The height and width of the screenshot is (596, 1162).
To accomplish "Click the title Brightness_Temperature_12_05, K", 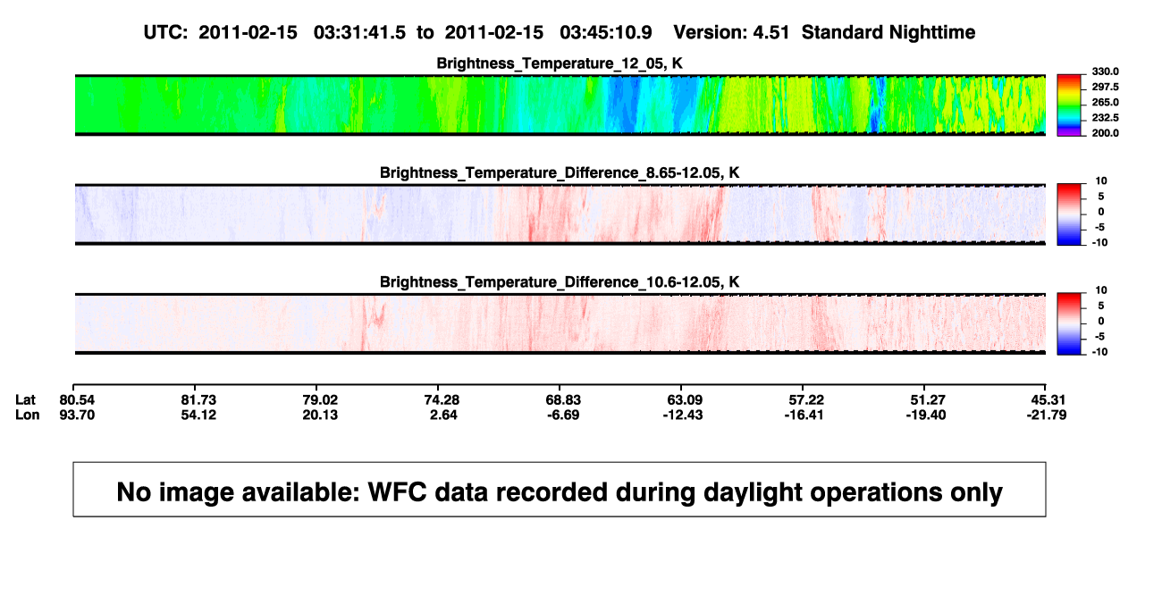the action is (x=560, y=63).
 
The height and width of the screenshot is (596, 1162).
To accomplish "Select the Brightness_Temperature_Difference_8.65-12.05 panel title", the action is (x=560, y=172).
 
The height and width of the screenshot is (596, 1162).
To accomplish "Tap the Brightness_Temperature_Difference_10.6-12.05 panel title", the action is (x=560, y=282).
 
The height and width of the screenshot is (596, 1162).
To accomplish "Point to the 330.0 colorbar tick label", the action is (x=1105, y=71).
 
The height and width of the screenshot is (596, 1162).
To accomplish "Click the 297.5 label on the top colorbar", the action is (x=1105, y=87).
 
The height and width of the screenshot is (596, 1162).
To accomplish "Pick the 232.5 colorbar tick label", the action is (x=1105, y=118).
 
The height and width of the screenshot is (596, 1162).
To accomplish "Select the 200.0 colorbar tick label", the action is (x=1105, y=133).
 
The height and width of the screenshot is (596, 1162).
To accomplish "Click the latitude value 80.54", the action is (x=77, y=400).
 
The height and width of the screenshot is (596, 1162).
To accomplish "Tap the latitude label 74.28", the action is (x=442, y=400).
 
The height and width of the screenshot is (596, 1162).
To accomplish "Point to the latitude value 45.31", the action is (x=1048, y=400).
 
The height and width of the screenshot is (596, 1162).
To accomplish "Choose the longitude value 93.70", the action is (x=77, y=415).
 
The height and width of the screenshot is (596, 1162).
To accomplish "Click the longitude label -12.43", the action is (x=683, y=415).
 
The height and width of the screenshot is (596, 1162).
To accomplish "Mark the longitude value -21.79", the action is (x=1047, y=415).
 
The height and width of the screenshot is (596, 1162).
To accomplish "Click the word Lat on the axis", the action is (x=25, y=400).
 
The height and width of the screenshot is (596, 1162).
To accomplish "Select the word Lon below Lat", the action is (x=28, y=415).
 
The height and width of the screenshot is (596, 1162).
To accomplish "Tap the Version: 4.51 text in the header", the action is (x=731, y=33).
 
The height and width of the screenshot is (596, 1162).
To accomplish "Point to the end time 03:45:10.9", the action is (x=606, y=33).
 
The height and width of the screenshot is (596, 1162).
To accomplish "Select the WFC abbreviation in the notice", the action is (x=398, y=492).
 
